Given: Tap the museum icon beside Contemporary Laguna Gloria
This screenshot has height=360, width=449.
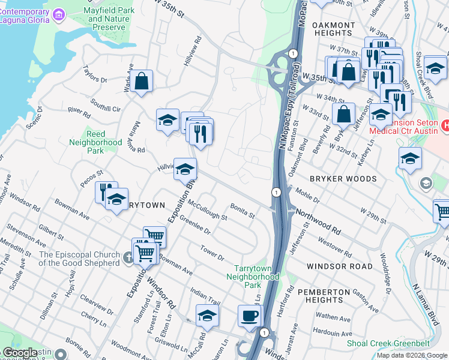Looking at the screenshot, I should point(59,13).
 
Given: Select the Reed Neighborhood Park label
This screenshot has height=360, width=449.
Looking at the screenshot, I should point(95,143).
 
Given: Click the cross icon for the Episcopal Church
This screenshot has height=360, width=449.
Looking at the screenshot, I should point(127,259).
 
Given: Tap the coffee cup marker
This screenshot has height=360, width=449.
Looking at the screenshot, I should point(250,316).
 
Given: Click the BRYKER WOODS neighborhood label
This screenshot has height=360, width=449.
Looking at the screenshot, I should point(343,179).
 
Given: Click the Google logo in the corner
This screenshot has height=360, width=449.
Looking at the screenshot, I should point(19,353).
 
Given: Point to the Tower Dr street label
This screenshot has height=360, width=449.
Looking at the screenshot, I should point(212,253).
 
